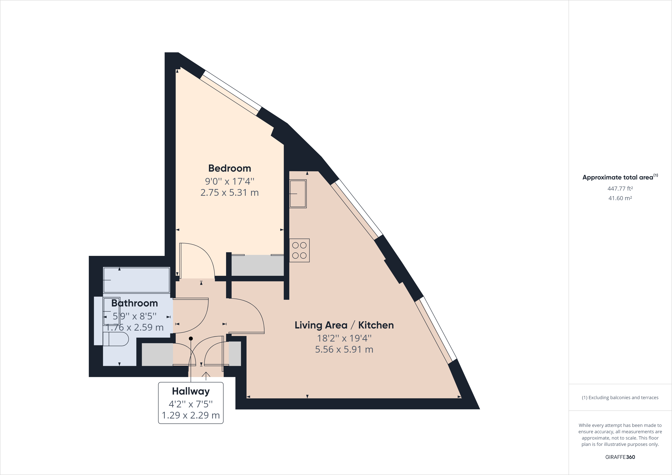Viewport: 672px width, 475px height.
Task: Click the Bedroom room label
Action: click(229, 168)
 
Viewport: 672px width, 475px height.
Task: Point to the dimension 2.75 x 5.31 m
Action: click(229, 192)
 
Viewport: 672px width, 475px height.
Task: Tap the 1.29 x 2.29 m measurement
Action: click(191, 415)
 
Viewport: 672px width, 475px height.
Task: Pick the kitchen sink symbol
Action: click(298, 194)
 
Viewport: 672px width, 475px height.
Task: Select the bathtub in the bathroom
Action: click(136, 280)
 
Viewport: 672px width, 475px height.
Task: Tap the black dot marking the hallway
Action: click(191, 339)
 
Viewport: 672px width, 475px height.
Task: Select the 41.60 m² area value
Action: click(620, 198)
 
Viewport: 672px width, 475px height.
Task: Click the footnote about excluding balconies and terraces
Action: click(620, 397)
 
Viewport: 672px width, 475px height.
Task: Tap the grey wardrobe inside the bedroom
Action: click(258, 265)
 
